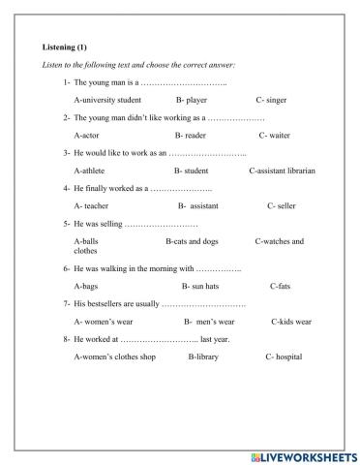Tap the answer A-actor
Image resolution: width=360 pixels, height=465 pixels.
click(89, 136)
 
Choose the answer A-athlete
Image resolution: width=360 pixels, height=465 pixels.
click(92, 170)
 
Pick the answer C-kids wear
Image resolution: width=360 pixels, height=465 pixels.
click(290, 322)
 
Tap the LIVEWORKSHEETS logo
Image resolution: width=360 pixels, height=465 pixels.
click(303, 454)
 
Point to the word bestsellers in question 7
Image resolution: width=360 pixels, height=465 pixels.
click(105, 304)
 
